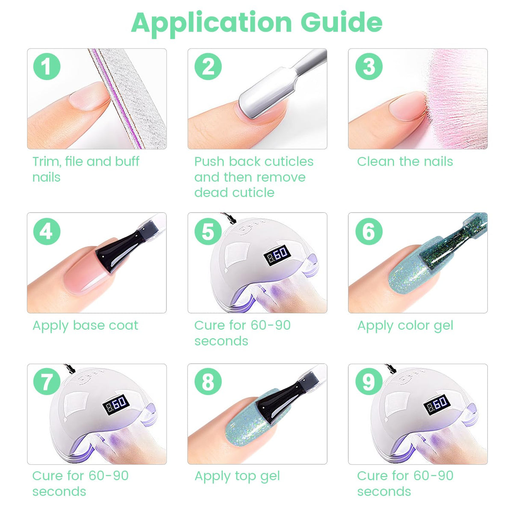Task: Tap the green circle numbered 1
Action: point(47,66)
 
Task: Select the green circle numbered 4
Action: point(47,231)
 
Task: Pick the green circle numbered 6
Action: point(369,231)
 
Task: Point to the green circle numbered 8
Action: point(208,382)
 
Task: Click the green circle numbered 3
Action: point(369,66)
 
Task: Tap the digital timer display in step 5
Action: point(277,255)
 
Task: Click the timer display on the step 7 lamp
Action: point(116,405)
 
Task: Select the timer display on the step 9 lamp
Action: point(437,405)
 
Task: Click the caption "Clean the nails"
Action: point(405,161)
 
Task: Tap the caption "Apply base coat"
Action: point(85,326)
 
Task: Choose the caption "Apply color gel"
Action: point(405,326)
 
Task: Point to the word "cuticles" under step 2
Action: point(289,161)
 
